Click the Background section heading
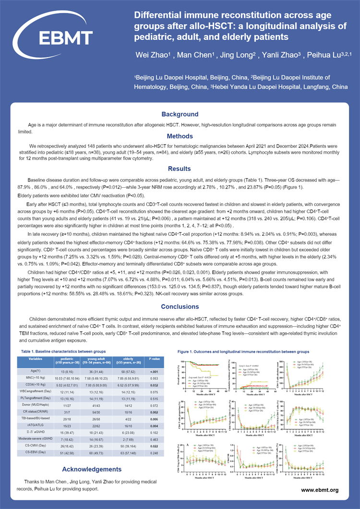click(x=180, y=114)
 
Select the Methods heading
click(x=180, y=136)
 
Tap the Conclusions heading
click(x=180, y=306)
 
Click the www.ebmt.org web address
click(x=320, y=490)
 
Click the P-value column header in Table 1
click(x=154, y=358)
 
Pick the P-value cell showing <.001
click(x=154, y=372)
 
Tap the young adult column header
click(x=96, y=361)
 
